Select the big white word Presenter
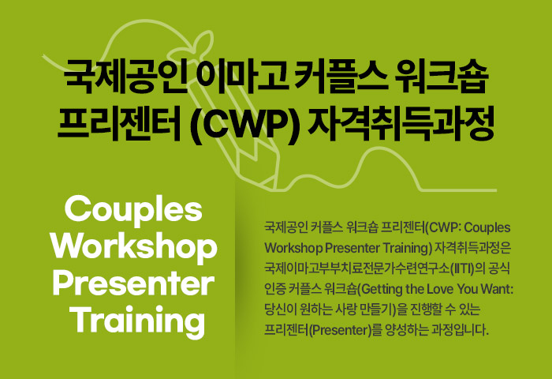click(133, 284)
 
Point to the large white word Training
click(137, 321)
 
